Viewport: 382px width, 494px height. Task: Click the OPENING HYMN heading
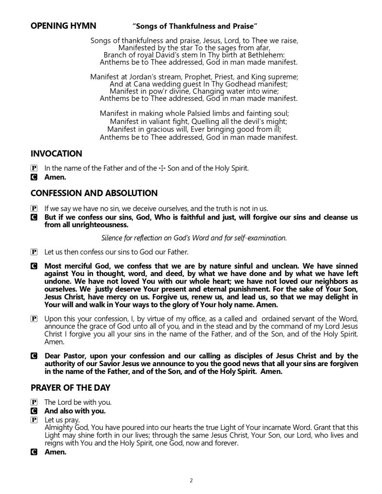pyautogui.click(x=63, y=25)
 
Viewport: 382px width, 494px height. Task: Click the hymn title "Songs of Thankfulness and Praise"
pyautogui.click(x=195, y=25)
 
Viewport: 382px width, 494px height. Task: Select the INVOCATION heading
pyautogui.click(x=56, y=154)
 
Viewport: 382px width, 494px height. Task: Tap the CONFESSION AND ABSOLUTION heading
pyautogui.click(x=94, y=193)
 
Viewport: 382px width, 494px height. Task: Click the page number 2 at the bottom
pyautogui.click(x=191, y=480)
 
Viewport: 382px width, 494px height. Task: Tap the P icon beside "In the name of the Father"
pyautogui.click(x=34, y=169)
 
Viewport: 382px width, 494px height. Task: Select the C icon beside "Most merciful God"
pyautogui.click(x=34, y=266)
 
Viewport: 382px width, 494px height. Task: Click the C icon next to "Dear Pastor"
pyautogui.click(x=34, y=356)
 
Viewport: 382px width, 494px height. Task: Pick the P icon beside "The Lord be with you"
pyautogui.click(x=34, y=402)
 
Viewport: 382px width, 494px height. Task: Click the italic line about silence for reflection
pyautogui.click(x=194, y=237)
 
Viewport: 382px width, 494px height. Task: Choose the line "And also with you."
pyautogui.click(x=75, y=411)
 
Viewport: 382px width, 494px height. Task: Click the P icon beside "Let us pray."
pyautogui.click(x=34, y=420)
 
